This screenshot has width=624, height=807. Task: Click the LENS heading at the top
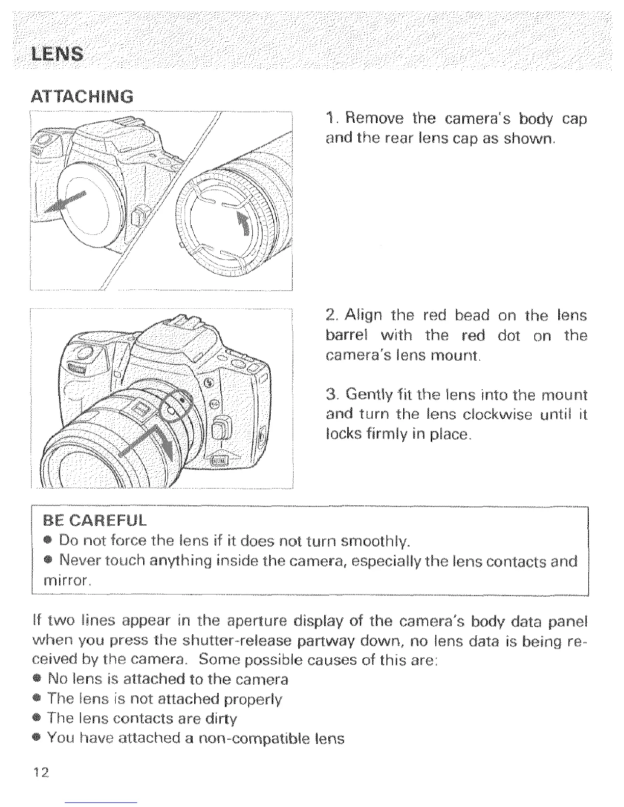(x=57, y=53)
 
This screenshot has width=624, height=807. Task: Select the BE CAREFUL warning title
(x=95, y=521)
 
